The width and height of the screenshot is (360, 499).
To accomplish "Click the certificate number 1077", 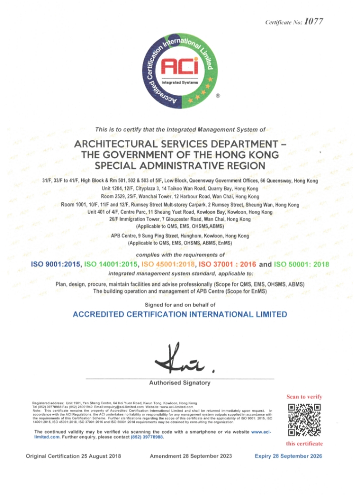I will (x=314, y=21).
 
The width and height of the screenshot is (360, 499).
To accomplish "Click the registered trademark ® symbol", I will (x=218, y=95).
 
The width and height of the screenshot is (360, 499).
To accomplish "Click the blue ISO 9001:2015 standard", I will (x=56, y=264).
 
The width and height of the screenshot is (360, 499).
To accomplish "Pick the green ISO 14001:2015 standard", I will (x=111, y=264).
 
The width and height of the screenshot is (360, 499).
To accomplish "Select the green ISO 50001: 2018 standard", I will (x=301, y=264).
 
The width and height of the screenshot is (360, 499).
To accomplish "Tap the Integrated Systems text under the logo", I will (x=179, y=81).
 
